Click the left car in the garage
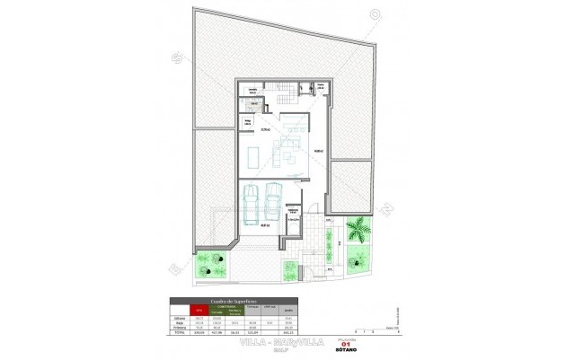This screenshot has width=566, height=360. [252, 203]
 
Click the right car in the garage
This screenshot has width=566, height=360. [273, 203]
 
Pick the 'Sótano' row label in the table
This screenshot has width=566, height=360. [180, 317]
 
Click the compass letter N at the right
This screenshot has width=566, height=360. [387, 210]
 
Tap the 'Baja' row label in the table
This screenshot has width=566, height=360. [180, 322]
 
